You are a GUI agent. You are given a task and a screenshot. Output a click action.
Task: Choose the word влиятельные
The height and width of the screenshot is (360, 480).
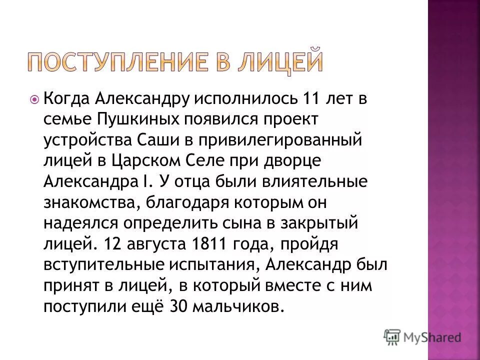[x=313, y=181]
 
